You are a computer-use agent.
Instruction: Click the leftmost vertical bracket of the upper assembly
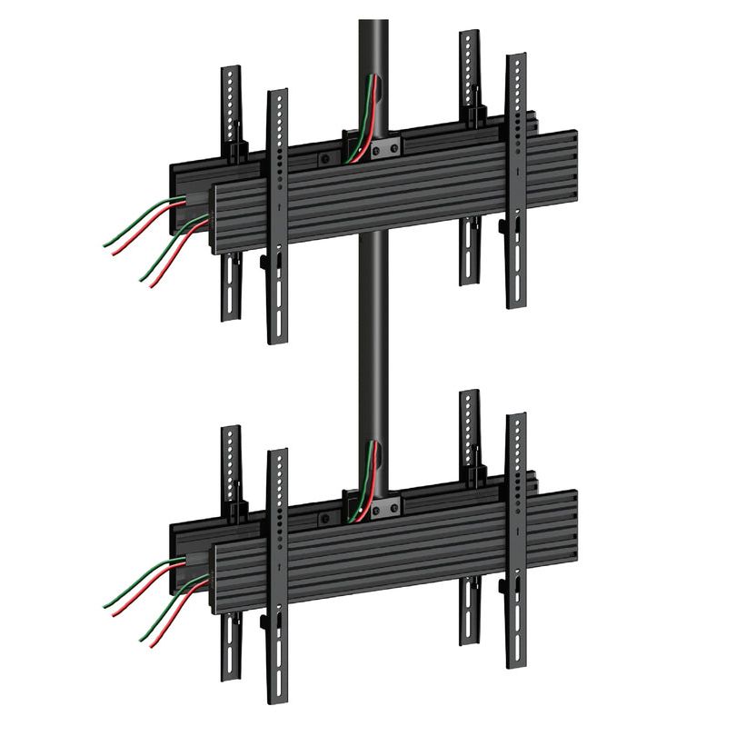(x=233, y=109)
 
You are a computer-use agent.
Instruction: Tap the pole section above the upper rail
(x=373, y=45)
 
